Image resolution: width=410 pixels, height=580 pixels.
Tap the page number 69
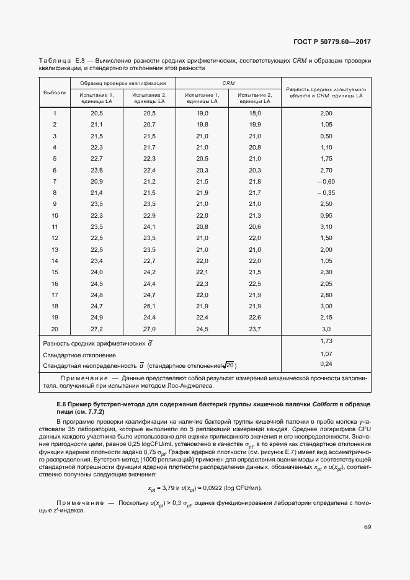click(x=367, y=527)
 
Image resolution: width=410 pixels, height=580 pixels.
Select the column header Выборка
click(x=55, y=92)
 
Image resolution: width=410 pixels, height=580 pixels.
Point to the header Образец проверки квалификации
click(x=122, y=83)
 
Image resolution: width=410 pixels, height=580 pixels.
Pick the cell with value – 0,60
click(x=326, y=181)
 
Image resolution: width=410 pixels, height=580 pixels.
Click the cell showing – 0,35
click(x=326, y=192)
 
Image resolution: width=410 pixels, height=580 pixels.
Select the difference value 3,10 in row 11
click(x=326, y=226)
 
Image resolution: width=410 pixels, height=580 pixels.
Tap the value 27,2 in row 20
click(x=96, y=328)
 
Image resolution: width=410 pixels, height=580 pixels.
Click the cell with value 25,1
click(x=149, y=306)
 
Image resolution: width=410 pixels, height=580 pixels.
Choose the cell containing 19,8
click(x=202, y=124)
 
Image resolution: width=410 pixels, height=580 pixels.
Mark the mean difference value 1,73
click(x=326, y=342)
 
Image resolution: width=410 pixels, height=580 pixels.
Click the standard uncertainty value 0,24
click(x=326, y=364)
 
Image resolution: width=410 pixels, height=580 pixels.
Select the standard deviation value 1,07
click(x=326, y=353)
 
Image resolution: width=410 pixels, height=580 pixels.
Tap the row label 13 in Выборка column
click(x=55, y=249)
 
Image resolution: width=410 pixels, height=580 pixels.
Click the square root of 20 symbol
click(x=229, y=365)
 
